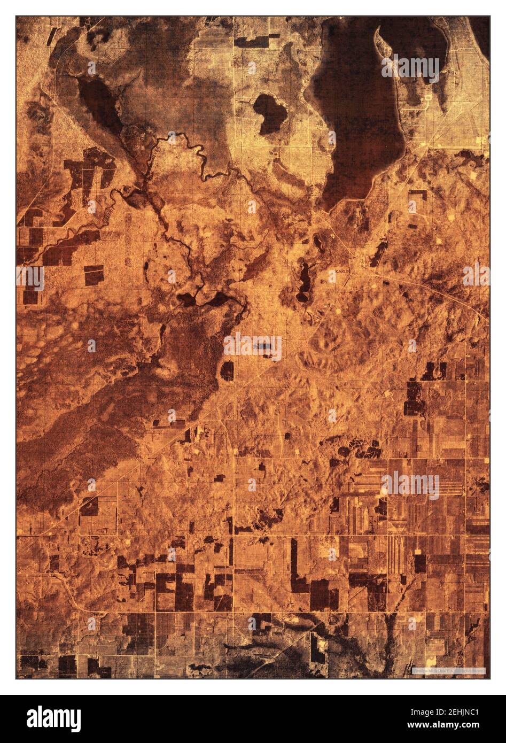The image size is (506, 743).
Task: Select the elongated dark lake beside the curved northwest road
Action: pos(99,102)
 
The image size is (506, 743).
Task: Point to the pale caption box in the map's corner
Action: pos(449,670)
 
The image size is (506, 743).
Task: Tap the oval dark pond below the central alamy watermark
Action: pos(227,370)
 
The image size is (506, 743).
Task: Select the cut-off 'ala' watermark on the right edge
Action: pos(477,275)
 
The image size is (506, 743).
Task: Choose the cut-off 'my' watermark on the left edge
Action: pos(30,277)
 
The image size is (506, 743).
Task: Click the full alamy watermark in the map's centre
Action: pos(252,347)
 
